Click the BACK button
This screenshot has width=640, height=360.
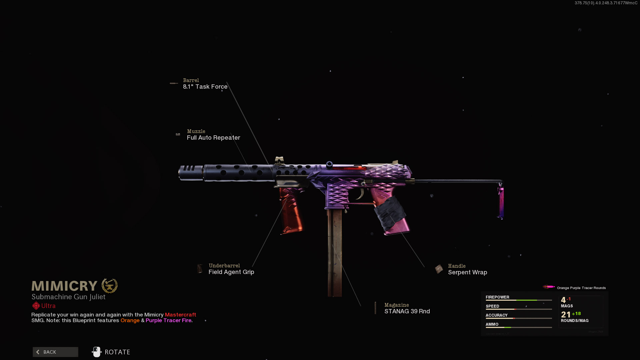[x=55, y=352]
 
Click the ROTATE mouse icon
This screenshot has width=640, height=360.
[x=97, y=352]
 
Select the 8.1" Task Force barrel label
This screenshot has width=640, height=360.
[x=205, y=87]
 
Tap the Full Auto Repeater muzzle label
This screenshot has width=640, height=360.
[x=213, y=138]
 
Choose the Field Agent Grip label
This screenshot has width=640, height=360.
[x=231, y=272]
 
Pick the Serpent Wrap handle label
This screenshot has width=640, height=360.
[x=467, y=272]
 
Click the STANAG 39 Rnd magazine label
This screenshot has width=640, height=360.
[x=407, y=311]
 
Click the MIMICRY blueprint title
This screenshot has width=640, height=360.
[x=64, y=286]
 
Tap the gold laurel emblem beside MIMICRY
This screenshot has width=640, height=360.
[x=110, y=286]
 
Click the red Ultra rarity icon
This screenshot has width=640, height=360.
[x=36, y=306]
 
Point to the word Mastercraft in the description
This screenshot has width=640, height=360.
[x=180, y=315]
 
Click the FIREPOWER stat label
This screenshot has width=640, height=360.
[x=497, y=297]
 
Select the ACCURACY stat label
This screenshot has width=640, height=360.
[x=496, y=315]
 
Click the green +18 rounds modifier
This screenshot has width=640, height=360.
[x=576, y=314]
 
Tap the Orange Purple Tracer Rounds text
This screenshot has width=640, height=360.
[x=581, y=288]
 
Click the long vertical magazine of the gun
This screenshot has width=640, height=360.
[x=335, y=253]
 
